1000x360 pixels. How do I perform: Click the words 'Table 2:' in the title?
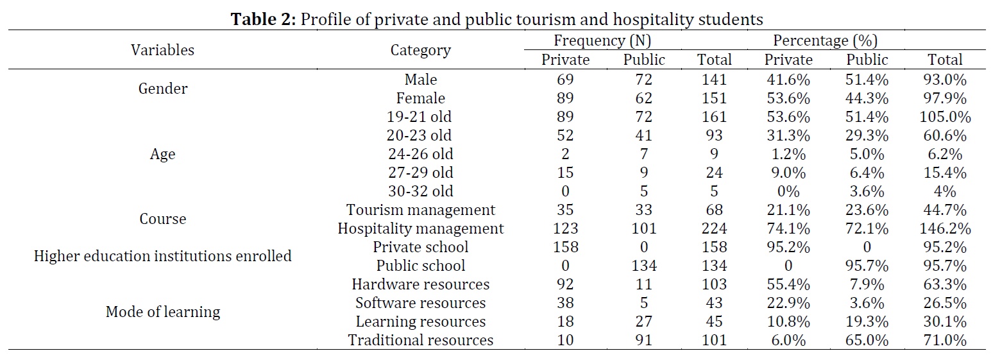(264, 19)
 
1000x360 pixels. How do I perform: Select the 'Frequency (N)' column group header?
(602, 40)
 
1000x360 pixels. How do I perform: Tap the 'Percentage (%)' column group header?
(826, 40)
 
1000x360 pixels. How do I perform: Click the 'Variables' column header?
(162, 50)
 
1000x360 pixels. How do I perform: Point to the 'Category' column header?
(421, 51)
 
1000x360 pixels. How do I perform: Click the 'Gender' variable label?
(162, 89)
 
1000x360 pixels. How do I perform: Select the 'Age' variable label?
(162, 155)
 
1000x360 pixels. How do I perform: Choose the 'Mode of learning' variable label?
(162, 312)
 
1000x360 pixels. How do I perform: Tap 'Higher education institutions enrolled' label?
(162, 256)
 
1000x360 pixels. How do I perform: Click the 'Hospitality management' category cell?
(421, 228)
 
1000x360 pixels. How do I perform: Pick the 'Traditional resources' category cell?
(421, 340)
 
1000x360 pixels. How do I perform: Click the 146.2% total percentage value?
(945, 228)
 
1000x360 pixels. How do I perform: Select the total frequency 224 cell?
(715, 228)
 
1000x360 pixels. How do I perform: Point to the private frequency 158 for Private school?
(566, 247)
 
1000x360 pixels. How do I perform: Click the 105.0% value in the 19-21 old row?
(945, 117)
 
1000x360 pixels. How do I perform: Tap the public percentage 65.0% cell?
(867, 340)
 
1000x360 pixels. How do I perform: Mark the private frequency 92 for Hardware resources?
(566, 284)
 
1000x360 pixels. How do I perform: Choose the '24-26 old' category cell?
(421, 154)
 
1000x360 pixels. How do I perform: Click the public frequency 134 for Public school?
(644, 266)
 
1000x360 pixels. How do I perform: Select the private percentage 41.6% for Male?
(788, 80)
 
